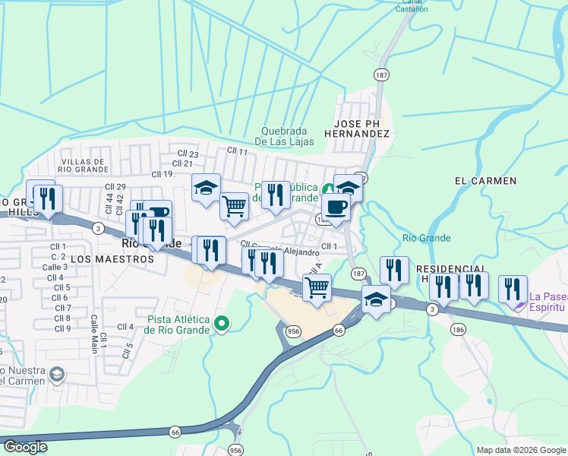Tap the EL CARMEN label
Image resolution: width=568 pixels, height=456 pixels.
tap(485, 181)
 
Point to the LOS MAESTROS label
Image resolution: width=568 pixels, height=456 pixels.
tap(112, 258)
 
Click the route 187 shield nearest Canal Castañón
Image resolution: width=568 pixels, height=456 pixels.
tap(381, 74)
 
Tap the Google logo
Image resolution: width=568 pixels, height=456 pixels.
tap(25, 447)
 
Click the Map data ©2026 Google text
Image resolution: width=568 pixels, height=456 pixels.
tap(520, 450)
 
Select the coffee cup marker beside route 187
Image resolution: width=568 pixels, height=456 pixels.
tap(336, 207)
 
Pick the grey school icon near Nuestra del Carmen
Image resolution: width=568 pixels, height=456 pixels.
tap(56, 374)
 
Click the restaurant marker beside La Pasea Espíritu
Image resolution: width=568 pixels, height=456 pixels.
tap(513, 289)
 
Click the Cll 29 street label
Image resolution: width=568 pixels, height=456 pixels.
tap(115, 187)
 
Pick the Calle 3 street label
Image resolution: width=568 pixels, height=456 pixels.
tap(55, 267)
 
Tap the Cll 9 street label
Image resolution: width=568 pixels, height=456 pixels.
tap(62, 328)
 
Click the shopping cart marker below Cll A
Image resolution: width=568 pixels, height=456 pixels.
tap(316, 287)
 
